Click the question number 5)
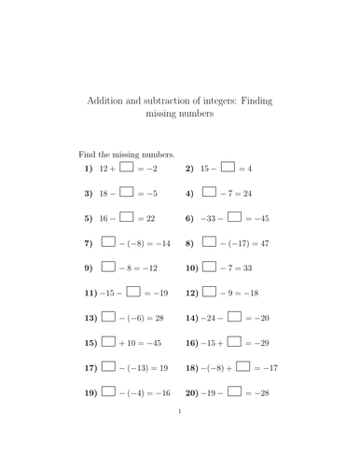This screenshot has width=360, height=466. click(89, 218)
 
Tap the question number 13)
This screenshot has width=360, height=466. click(90, 317)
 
